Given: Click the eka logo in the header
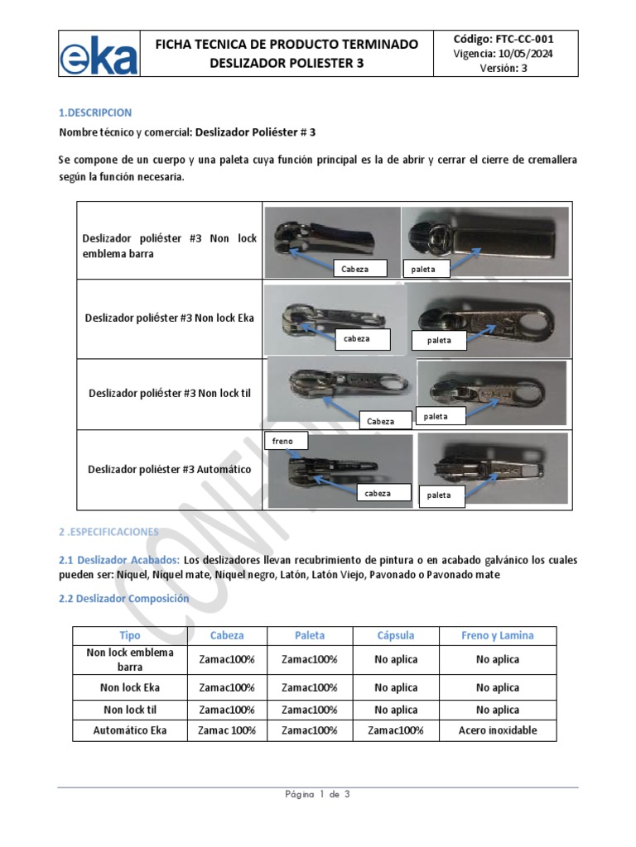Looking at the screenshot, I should (x=99, y=55).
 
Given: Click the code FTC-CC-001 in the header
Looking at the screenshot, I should (x=504, y=39).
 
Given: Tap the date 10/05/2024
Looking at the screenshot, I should (x=527, y=54).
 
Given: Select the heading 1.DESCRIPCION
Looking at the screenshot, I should (x=95, y=112).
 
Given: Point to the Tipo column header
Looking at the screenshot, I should (x=130, y=635).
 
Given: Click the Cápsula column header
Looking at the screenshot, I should (x=395, y=635).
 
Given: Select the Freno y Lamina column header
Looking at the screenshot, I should (x=497, y=635).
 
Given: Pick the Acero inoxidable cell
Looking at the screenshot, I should (x=497, y=730).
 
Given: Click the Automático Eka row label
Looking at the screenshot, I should (x=130, y=730).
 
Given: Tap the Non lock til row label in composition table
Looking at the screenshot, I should (x=130, y=710).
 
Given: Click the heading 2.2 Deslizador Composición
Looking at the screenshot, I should (x=124, y=598).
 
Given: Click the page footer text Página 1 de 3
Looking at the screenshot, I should (x=318, y=795).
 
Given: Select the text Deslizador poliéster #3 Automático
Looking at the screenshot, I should (x=170, y=470).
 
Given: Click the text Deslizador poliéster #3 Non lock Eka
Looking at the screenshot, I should (x=170, y=318).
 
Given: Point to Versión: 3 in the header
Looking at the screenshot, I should (x=503, y=69).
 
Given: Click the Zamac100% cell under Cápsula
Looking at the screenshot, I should (x=395, y=730).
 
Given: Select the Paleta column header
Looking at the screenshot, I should (x=310, y=635).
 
